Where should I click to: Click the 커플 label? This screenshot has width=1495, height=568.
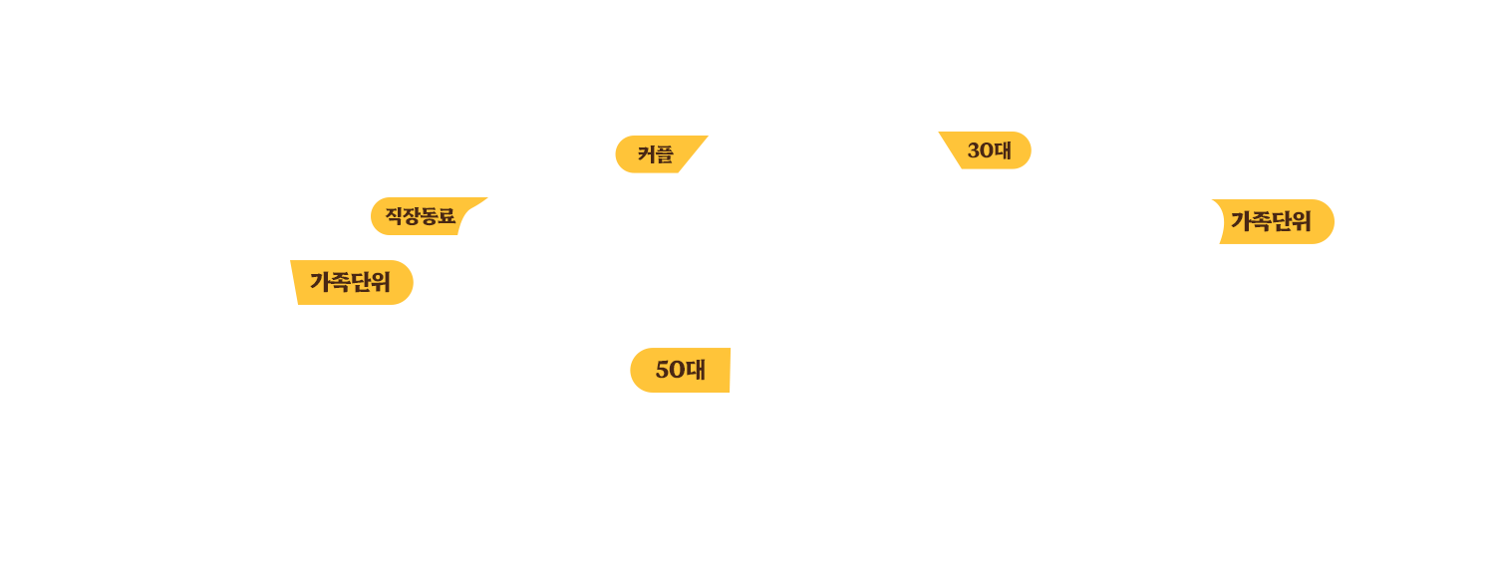[x=655, y=154]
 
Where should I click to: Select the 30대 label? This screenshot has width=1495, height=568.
[x=989, y=150]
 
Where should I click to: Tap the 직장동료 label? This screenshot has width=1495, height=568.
[x=420, y=216]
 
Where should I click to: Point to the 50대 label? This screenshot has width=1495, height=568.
[x=680, y=370]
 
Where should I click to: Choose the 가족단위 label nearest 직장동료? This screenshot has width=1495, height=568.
[x=349, y=282]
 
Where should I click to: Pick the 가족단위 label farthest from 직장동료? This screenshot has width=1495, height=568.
[x=1270, y=221]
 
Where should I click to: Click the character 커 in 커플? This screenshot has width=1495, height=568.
[x=646, y=154]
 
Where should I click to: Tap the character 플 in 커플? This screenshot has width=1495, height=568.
[x=664, y=154]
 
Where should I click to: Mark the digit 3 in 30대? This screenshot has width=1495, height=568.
[x=974, y=150]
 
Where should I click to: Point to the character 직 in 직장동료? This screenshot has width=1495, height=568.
[x=394, y=216]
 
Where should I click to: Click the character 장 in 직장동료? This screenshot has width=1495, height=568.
[x=412, y=216]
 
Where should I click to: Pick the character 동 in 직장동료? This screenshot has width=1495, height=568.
[x=429, y=216]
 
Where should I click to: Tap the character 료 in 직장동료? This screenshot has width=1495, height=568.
[x=447, y=216]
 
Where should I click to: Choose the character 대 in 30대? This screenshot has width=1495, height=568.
[x=1003, y=150]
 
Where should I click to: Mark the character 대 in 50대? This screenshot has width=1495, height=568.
[x=696, y=370]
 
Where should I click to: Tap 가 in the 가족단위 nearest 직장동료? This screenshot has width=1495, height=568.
[x=319, y=282]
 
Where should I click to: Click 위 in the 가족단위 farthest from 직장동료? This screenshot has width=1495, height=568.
[x=1301, y=221]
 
